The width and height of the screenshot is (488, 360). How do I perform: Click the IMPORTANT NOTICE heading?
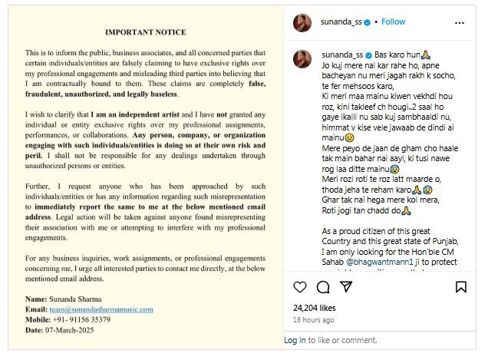(145, 31)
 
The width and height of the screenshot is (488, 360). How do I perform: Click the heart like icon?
(300, 287)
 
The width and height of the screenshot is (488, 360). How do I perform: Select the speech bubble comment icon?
(323, 287)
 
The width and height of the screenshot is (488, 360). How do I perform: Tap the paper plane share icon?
(346, 287)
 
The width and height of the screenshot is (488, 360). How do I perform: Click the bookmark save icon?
(461, 287)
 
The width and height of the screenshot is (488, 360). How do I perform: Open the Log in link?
(295, 340)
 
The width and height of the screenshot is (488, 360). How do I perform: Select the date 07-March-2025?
(82, 330)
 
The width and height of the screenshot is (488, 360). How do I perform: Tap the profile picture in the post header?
(302, 22)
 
